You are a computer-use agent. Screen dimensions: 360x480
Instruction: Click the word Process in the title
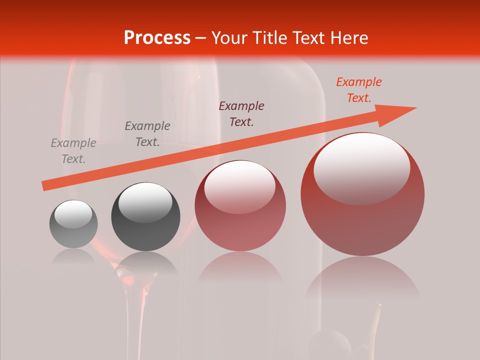[x=157, y=38]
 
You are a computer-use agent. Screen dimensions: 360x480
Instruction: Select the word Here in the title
[x=348, y=38]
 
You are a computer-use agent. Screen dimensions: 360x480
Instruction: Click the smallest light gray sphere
[x=73, y=224]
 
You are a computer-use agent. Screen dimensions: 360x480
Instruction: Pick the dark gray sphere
[x=145, y=216]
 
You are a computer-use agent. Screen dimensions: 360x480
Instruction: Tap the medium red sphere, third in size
[x=240, y=205]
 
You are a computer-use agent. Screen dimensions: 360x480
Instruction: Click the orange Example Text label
[x=358, y=90]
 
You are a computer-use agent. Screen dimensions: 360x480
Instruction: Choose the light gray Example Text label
[x=73, y=151]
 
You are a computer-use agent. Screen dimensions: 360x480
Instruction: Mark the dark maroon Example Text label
[x=241, y=113]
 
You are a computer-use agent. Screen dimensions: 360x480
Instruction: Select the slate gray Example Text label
[x=147, y=134]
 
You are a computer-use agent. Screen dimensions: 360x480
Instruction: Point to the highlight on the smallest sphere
[x=73, y=214]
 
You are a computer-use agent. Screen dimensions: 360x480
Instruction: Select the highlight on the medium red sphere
[x=239, y=186]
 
